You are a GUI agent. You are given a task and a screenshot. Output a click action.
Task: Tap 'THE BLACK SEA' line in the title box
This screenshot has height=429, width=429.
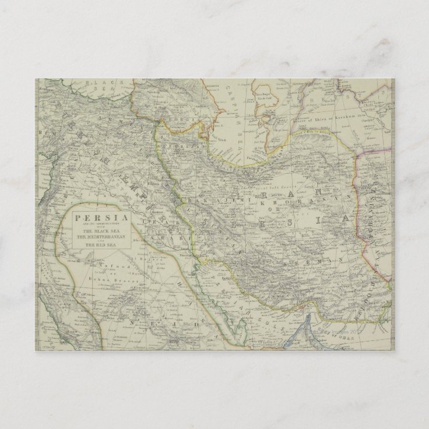[94, 230]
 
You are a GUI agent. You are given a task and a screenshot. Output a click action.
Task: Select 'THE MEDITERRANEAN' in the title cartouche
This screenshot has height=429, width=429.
[94, 237]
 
